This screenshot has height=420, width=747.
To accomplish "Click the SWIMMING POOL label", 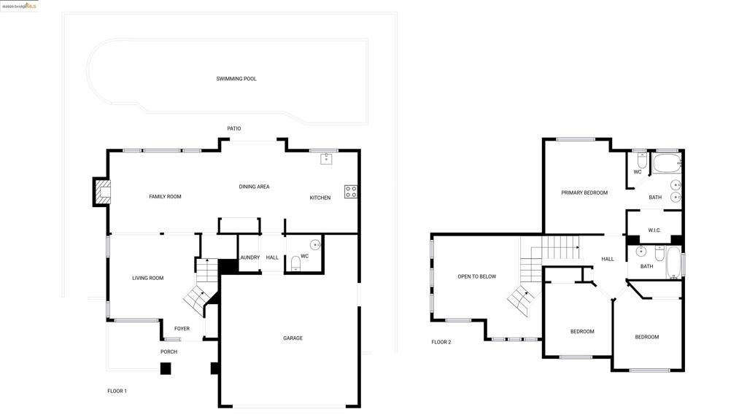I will coord(236,79).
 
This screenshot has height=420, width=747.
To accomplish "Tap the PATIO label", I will coord(233,129).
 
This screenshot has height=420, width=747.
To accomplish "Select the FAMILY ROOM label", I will coord(165,197).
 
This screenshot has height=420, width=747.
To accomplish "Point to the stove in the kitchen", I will coord(351,192).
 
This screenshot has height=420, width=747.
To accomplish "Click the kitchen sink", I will coord(326,159).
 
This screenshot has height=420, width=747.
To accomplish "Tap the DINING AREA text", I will coord(254,187).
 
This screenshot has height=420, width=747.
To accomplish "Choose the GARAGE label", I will coord(293,338).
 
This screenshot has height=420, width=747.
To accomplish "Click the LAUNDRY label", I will coord(249,257).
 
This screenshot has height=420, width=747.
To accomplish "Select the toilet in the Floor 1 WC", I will coord(295,262).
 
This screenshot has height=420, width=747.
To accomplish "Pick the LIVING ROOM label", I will coord(147,278).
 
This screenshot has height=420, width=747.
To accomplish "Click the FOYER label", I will coord(182,329).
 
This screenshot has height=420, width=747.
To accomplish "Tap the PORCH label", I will coord(169,352).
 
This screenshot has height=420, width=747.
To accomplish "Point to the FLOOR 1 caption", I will coord(117,392).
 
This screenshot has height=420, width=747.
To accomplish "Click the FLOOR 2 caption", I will coord(441,342).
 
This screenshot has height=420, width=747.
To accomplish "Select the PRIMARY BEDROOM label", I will coord(584,193).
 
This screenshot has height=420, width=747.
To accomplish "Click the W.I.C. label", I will coord(654,230).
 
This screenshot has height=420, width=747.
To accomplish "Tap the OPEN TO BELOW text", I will coord(476,276).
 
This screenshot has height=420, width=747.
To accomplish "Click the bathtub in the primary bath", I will coord(666,162).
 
